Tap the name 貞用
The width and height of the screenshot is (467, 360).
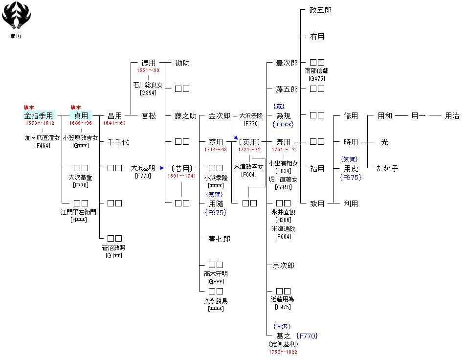[x=81, y=115]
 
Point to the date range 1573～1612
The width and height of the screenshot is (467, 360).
[x=40, y=123]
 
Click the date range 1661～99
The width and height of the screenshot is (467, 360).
[x=148, y=70]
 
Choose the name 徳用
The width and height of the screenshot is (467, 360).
[x=148, y=63]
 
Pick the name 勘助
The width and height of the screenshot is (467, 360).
[x=182, y=63]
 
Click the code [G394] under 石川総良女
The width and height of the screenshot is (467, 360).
[x=148, y=92]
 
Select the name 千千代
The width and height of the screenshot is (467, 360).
[x=118, y=142]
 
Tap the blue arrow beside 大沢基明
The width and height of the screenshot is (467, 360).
[x=161, y=168]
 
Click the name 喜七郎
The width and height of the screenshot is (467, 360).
[x=219, y=239]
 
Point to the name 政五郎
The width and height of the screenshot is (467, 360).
[x=320, y=10]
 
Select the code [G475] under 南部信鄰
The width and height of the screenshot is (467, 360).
[x=317, y=78]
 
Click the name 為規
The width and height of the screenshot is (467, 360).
[x=284, y=116]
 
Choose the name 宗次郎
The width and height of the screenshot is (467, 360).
[x=283, y=265]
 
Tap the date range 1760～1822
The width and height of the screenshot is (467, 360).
[x=283, y=352]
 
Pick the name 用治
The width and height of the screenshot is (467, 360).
[x=452, y=116]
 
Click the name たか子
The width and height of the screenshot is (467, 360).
[x=387, y=168]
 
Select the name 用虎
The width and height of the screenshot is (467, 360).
[x=351, y=168]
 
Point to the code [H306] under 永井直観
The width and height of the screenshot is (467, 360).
[x=283, y=220]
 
